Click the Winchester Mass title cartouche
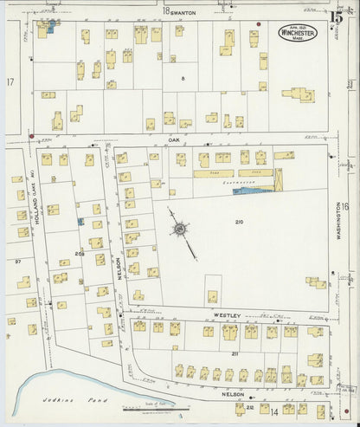click(297, 32)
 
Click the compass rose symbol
click(180, 229)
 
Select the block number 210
click(239, 223)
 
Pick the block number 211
click(235, 353)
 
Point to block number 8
click(183, 79)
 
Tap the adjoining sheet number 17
click(10, 81)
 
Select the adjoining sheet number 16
click(344, 206)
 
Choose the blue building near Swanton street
click(51, 27)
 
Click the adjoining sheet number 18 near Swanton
click(164, 11)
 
